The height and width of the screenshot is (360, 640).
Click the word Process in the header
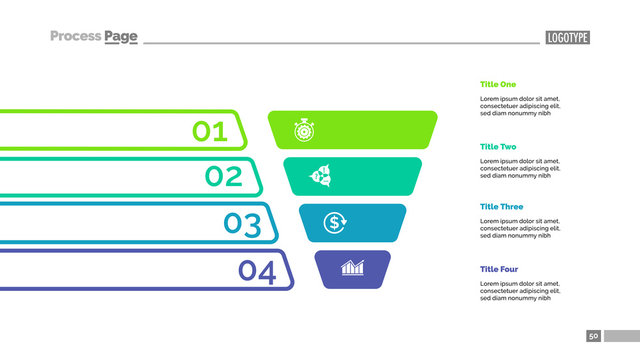76,37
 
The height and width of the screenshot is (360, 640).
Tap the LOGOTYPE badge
568,38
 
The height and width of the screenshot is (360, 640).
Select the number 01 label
210,131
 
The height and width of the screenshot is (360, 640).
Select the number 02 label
224,177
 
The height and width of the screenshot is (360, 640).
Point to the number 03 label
242,224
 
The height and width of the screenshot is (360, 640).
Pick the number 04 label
257,271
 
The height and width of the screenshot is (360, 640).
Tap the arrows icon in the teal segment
322,176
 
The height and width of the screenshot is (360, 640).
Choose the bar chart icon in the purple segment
352,268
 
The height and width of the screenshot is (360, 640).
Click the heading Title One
499,85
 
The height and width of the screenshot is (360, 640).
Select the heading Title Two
499,146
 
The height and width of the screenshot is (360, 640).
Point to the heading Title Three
502,207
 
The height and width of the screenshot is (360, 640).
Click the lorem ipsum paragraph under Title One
520,106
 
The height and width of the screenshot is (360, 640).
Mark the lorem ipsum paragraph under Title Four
520,290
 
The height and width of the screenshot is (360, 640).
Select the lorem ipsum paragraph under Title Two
520,168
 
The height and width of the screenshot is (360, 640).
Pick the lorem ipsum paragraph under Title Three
520,228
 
